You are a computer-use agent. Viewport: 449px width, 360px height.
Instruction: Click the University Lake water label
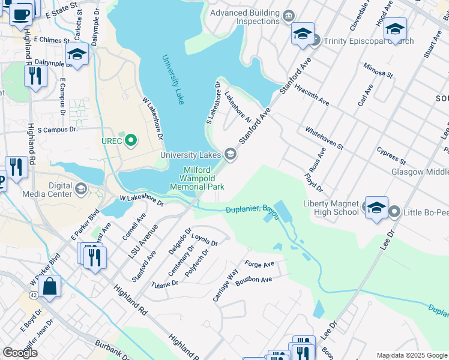point(172,80)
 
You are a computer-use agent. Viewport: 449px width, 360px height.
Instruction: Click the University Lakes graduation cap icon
point(229,155)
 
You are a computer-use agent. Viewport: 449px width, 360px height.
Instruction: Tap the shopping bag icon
point(50,287)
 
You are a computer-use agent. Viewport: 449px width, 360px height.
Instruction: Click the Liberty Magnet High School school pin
point(376,208)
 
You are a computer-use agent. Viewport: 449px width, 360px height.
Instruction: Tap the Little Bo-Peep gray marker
point(394,211)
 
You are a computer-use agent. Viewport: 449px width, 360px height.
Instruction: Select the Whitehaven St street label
point(324,138)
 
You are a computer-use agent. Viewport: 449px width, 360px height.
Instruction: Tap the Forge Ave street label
point(259,264)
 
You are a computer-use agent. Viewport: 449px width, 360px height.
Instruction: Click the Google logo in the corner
point(20,353)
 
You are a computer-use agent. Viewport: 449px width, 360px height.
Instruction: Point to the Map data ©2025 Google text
point(411,355)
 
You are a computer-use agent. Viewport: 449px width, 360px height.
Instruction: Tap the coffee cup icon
point(21,13)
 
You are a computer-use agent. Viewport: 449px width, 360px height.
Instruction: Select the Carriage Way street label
point(225,287)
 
